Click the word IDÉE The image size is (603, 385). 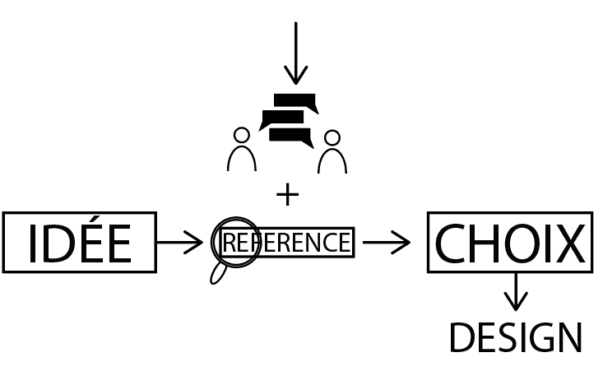[x=79, y=244]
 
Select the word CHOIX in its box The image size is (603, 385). [x=509, y=244]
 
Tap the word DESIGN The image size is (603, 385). [x=516, y=339]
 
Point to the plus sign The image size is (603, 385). [x=287, y=195]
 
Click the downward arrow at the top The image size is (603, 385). [x=295, y=53]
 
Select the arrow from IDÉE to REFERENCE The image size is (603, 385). [x=179, y=243]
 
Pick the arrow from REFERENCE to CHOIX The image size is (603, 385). [x=386, y=243]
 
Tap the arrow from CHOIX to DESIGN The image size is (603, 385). [x=516, y=291]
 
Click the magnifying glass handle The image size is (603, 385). [x=219, y=272]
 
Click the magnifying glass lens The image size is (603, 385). [x=236, y=242]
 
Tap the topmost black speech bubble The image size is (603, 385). [x=295, y=101]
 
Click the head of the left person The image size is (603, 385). [x=241, y=135]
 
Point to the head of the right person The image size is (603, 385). [x=332, y=137]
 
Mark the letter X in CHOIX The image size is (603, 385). [x=567, y=244]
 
